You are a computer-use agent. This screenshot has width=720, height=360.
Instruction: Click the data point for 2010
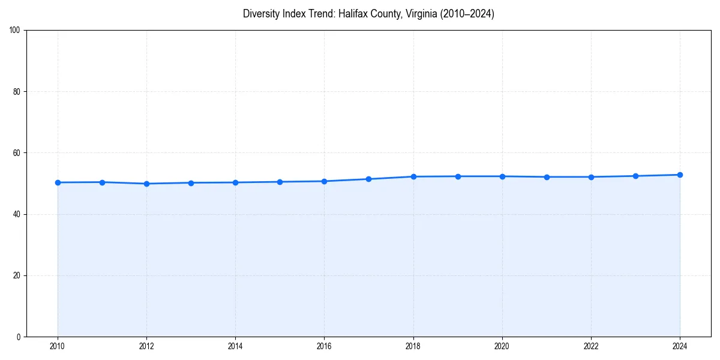point(58,182)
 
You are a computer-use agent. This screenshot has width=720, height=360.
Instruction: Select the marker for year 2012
point(146,184)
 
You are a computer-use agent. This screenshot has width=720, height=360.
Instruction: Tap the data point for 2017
point(368,179)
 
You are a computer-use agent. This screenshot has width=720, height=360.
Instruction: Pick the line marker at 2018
point(413,176)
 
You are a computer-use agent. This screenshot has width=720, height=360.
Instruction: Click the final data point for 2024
point(680,175)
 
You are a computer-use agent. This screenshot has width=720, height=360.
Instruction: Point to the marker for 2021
point(547,177)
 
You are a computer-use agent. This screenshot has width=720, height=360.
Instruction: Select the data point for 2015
point(280,182)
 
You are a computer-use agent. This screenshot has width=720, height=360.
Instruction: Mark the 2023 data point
point(635,176)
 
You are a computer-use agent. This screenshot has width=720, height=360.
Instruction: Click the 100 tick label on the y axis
point(15,31)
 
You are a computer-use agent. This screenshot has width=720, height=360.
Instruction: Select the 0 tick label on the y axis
point(19,337)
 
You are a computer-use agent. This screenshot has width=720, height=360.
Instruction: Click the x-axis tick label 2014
point(235,346)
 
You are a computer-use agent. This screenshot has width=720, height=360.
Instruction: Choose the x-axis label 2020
point(502,346)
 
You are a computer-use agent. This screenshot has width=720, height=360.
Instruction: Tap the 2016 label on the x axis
point(324,346)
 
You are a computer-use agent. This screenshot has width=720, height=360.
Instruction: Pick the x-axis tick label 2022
point(591,346)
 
